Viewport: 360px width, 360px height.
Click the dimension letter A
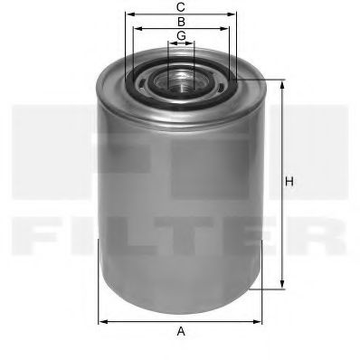pos(181,331)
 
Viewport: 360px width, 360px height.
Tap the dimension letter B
pos(181,21)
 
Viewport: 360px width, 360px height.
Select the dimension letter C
pos(181,7)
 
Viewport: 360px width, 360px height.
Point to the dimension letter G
pos(181,35)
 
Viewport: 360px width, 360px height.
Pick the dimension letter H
pos(290,184)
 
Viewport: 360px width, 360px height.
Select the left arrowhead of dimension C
pos(128,14)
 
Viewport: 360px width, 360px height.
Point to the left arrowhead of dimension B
pos(137,28)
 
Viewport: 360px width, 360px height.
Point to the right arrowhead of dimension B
pos(225,28)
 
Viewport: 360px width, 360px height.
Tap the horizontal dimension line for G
pos(181,43)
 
